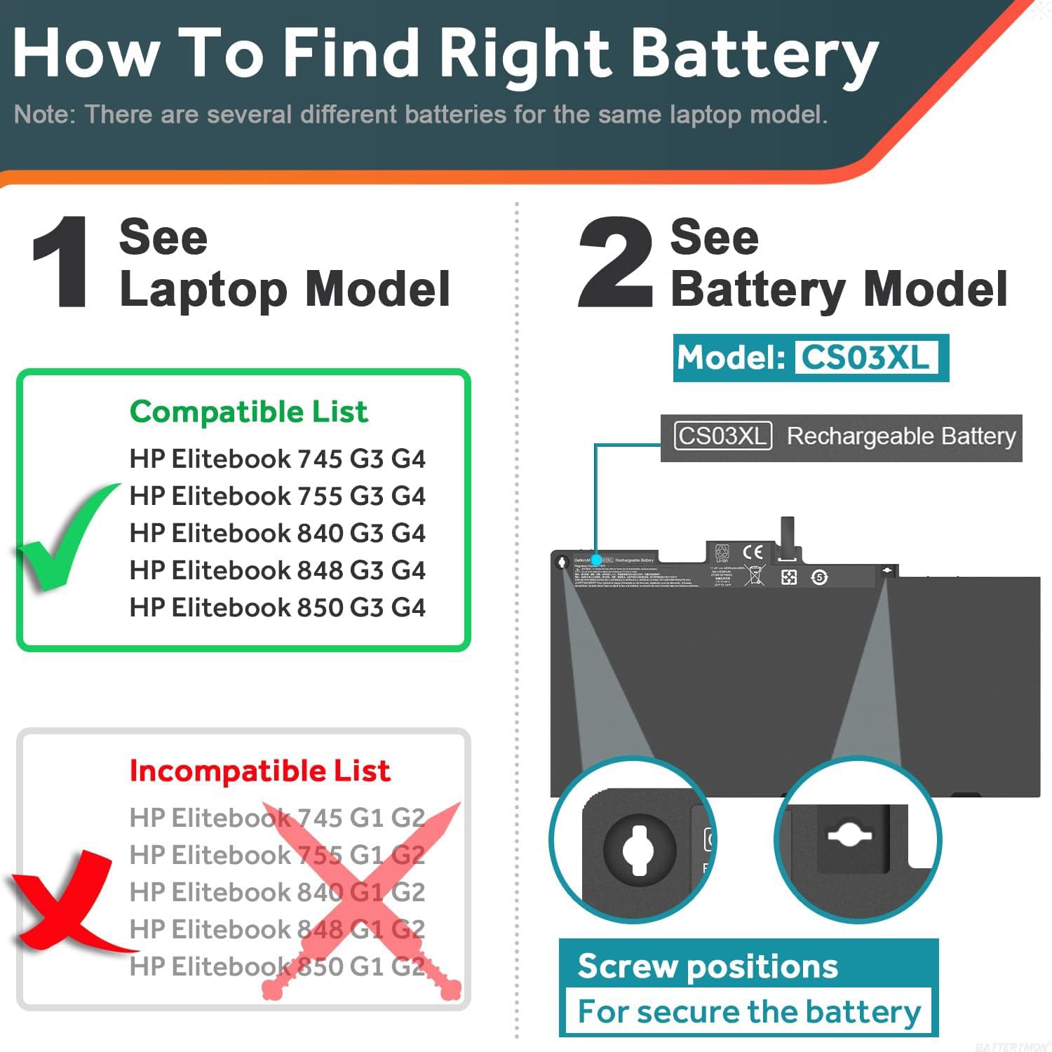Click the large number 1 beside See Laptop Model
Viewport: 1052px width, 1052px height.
[62, 262]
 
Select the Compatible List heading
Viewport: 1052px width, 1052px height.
[248, 412]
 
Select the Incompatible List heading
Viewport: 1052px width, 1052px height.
[259, 771]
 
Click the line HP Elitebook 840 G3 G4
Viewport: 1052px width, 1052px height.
[277, 533]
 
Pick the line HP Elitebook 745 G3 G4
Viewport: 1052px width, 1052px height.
[277, 459]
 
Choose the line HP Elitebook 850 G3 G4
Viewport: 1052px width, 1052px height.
[277, 607]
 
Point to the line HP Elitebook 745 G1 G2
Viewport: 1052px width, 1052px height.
[277, 818]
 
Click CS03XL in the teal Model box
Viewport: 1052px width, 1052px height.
[865, 358]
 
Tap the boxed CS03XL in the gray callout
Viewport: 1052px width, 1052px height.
[722, 436]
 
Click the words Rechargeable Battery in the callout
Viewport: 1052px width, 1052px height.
[901, 436]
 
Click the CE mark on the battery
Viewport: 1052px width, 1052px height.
[753, 552]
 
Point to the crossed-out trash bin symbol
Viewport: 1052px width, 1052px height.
[754, 576]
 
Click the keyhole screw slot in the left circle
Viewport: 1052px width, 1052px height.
[638, 849]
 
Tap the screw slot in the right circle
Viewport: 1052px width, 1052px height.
[849, 835]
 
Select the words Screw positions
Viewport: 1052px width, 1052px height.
[708, 966]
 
